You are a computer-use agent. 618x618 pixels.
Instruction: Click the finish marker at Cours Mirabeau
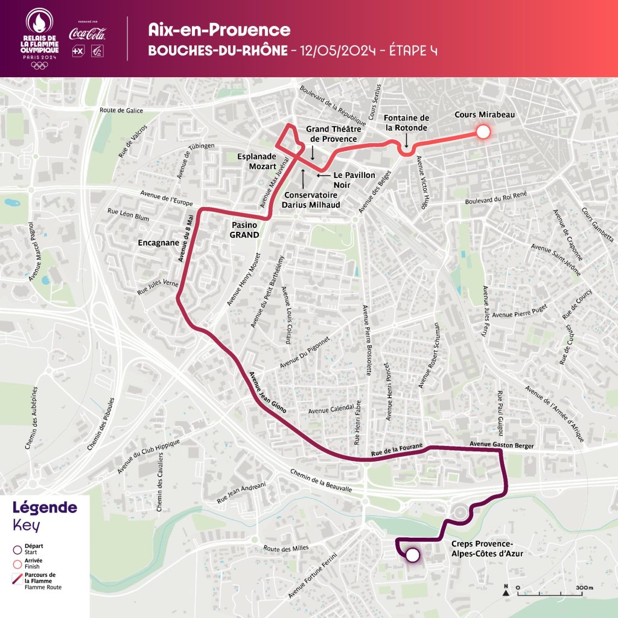coord(483,132)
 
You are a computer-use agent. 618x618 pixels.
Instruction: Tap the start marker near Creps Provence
coord(413,555)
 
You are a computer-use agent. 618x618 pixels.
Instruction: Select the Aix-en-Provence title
coord(219,30)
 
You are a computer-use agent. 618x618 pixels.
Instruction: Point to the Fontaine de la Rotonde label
coord(407,123)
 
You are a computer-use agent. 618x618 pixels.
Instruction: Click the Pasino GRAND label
coord(245,230)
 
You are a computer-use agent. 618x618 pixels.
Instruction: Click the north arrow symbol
coord(505,590)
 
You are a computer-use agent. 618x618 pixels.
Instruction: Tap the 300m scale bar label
coord(584,587)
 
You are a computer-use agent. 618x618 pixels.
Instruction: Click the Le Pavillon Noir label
coord(355,179)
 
